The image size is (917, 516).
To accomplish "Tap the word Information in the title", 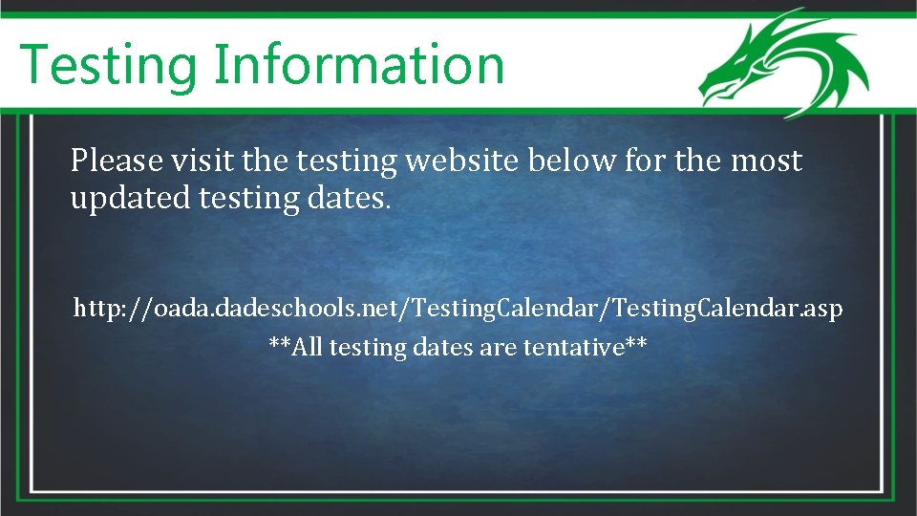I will [358, 65].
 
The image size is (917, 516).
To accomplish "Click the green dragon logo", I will [781, 63].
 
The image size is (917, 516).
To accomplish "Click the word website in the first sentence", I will [465, 161].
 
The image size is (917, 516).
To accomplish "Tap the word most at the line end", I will [766, 161].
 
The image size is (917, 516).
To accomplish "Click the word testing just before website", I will [346, 161].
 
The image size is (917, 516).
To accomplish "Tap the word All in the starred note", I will [308, 347].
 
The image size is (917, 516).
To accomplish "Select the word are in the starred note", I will [498, 347].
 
